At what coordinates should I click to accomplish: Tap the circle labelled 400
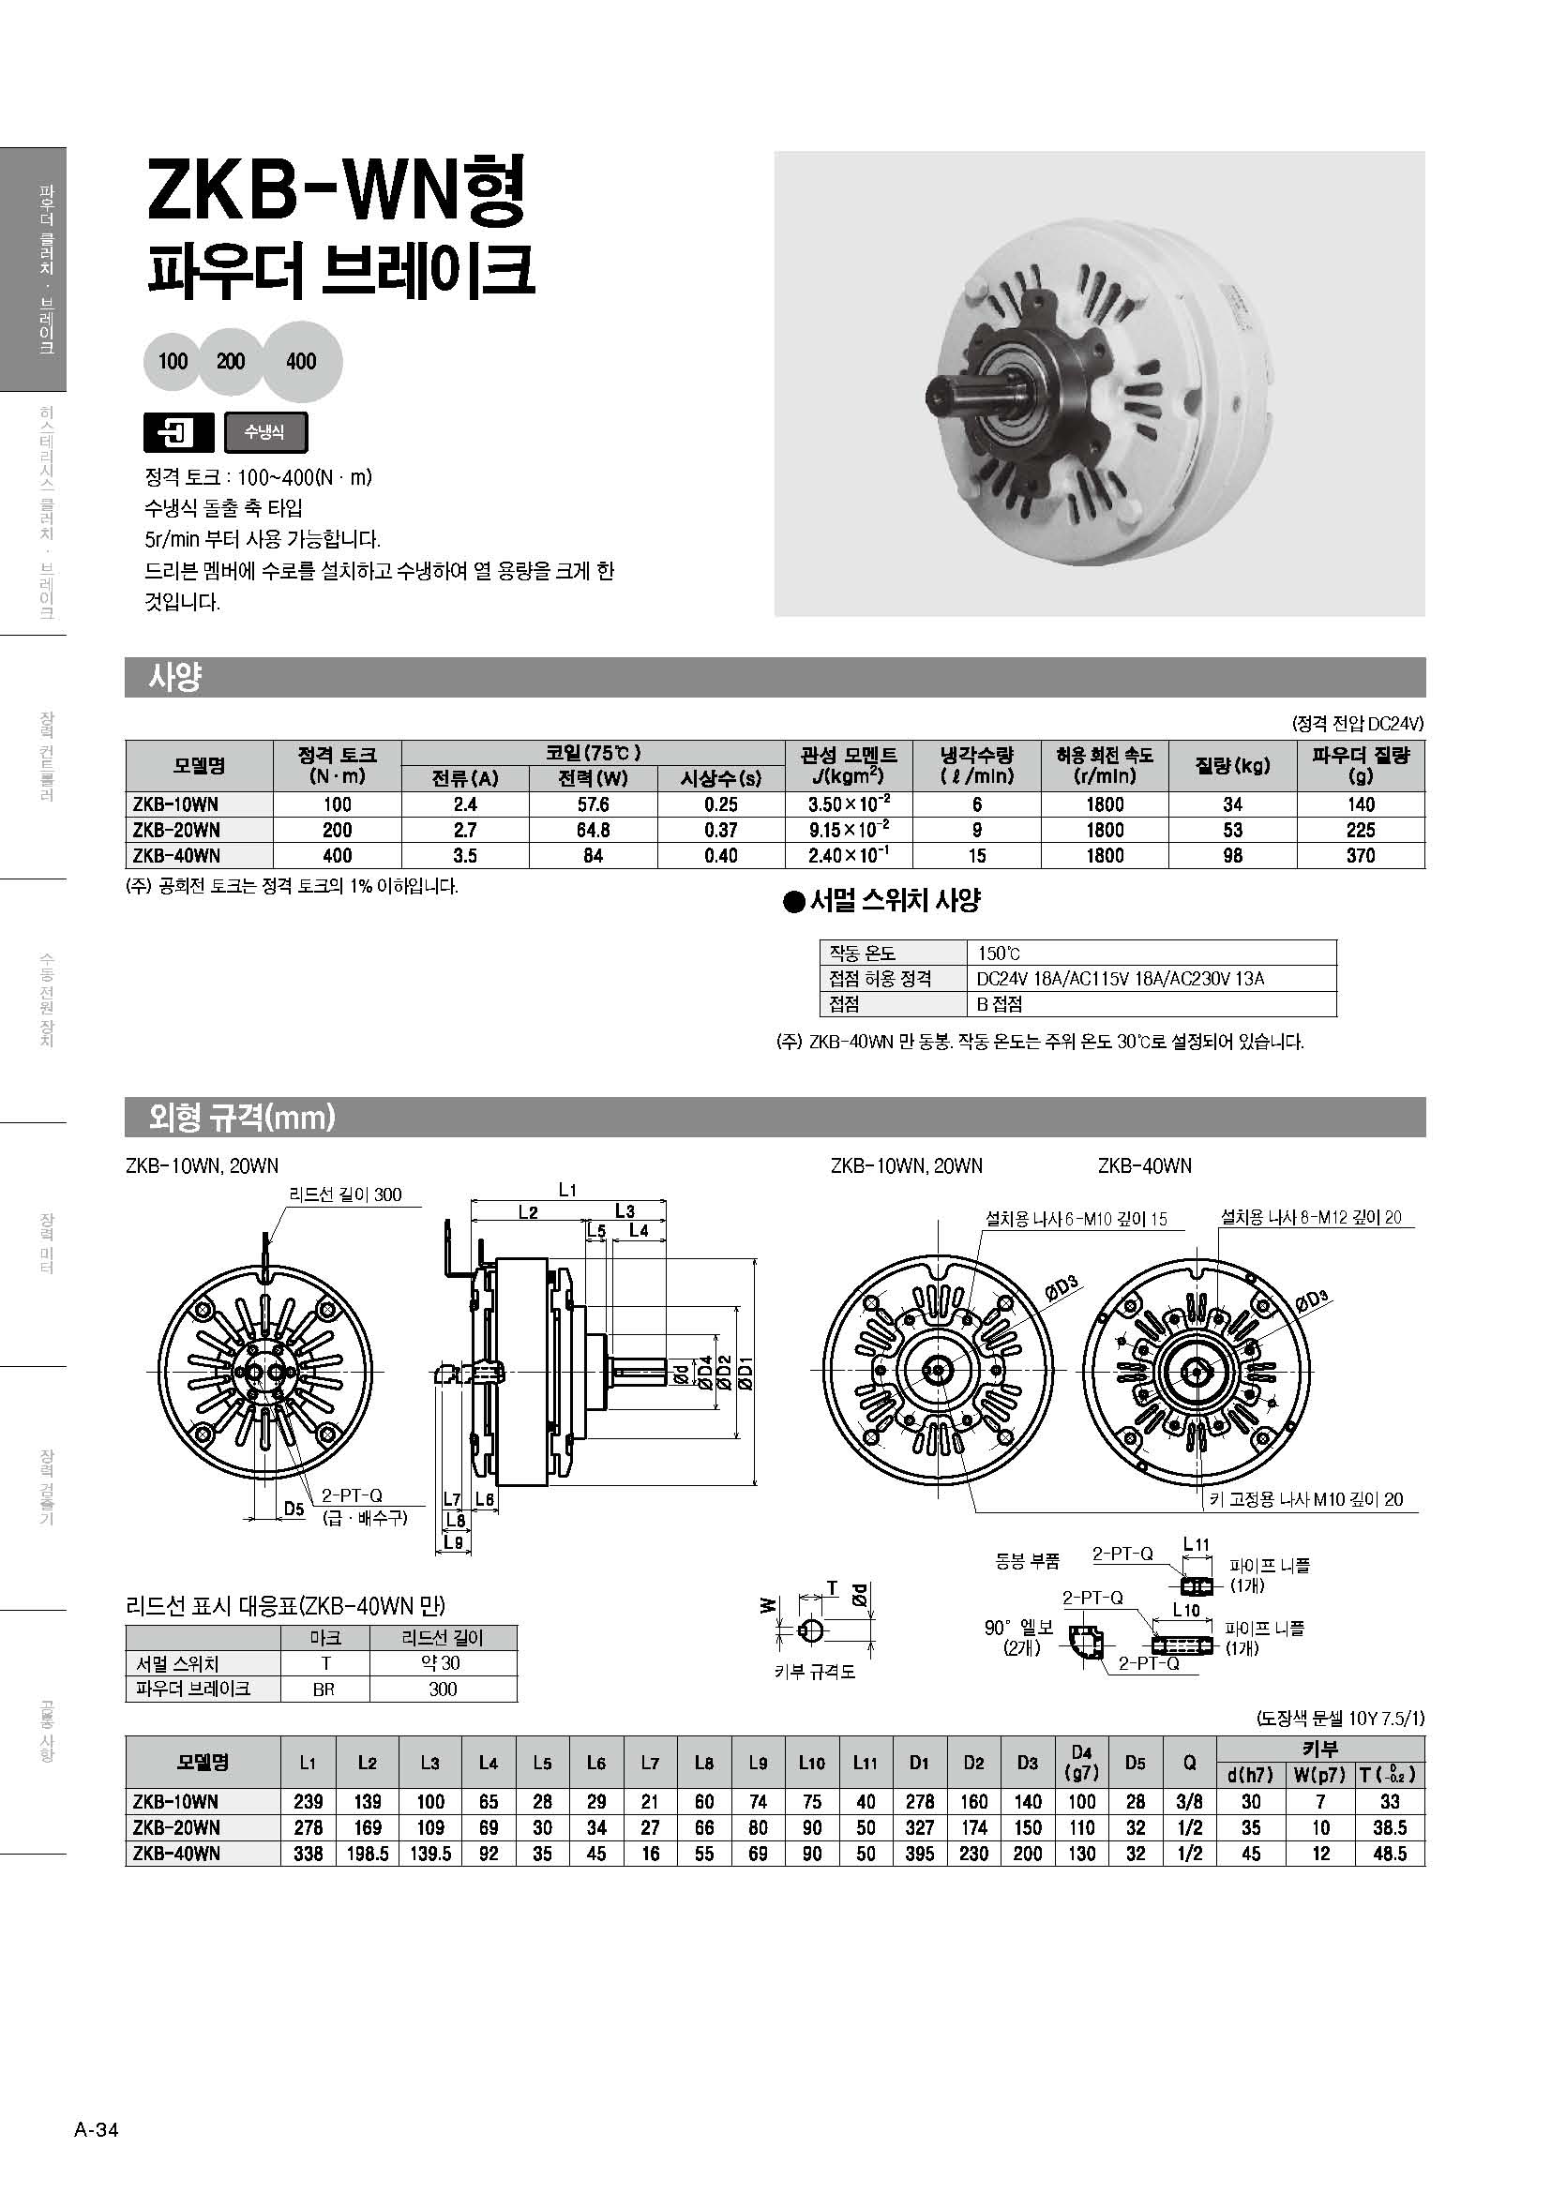click(301, 361)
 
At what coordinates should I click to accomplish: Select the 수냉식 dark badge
click(265, 432)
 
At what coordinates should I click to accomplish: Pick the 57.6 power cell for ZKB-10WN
click(593, 804)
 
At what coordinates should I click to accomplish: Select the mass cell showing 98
click(1232, 856)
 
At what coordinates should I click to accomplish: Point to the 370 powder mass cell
click(1360, 856)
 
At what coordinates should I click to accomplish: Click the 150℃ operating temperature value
click(999, 954)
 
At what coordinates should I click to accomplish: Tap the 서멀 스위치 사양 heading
click(894, 900)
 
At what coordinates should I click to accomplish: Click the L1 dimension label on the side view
click(567, 1190)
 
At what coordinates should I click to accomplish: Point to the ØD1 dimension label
click(745, 1373)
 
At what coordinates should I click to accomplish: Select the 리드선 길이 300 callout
click(346, 1194)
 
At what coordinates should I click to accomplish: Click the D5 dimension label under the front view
click(294, 1509)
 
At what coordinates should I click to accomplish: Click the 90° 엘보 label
click(1018, 1627)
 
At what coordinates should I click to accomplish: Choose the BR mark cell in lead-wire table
click(324, 1689)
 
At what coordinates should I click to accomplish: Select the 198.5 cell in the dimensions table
click(368, 1853)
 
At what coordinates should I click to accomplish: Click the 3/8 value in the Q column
click(1189, 1801)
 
